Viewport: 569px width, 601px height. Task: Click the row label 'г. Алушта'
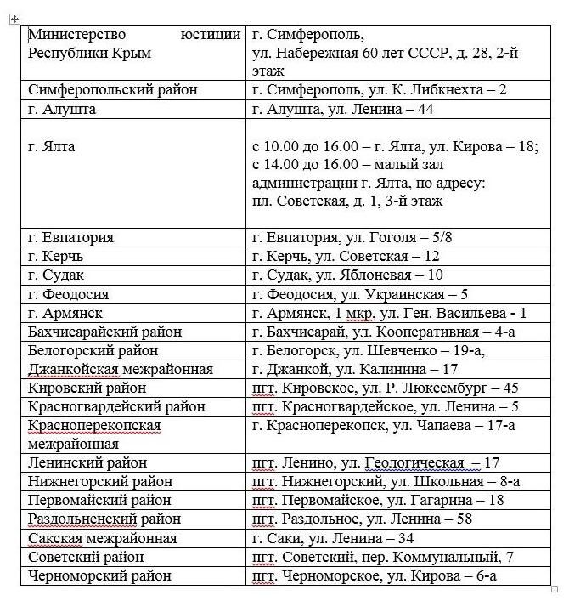point(62,109)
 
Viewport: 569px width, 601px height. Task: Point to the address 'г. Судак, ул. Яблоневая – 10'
point(348,275)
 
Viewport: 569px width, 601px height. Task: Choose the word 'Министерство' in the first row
point(76,35)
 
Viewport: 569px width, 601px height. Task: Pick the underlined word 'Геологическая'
point(414,462)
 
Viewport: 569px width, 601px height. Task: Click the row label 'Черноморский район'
point(99,575)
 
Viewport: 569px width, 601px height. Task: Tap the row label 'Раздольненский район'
point(104,519)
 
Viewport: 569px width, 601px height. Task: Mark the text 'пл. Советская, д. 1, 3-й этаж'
point(347,201)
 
